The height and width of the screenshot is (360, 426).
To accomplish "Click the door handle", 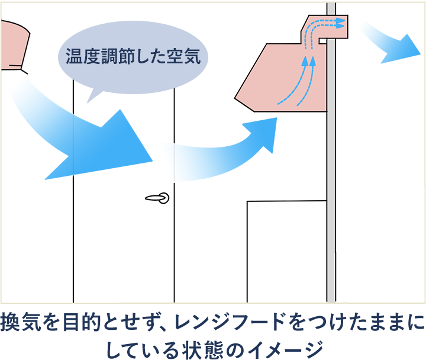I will [158, 198].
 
